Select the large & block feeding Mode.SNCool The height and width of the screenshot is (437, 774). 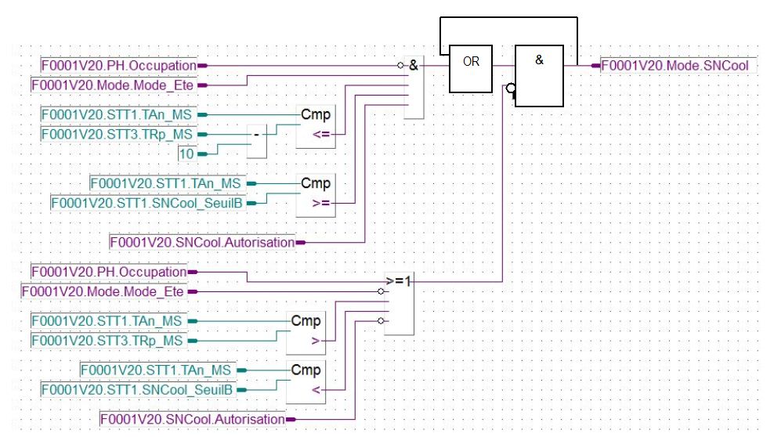pos(539,76)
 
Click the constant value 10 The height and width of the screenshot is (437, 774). pos(186,154)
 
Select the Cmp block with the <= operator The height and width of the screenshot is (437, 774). pos(316,125)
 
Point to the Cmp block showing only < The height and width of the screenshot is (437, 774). pos(306,379)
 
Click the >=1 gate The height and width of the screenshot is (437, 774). pos(399,305)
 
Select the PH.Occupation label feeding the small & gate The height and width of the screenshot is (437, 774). pos(118,66)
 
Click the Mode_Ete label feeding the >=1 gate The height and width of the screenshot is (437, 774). pos(103,291)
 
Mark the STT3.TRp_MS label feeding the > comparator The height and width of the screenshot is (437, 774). pos(108,341)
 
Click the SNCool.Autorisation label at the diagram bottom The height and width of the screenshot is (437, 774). pos(193,420)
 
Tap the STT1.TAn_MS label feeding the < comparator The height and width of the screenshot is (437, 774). pos(157,370)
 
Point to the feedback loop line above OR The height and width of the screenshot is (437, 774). pos(509,18)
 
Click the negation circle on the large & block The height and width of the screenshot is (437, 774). pos(510,89)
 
